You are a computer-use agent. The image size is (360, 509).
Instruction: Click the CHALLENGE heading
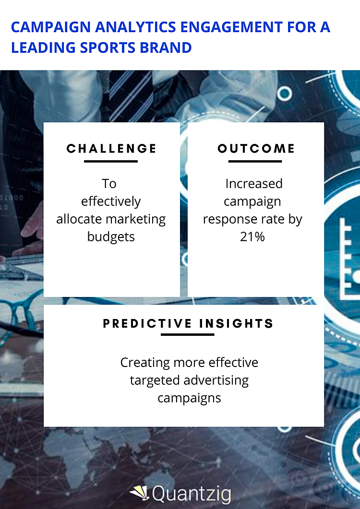(111, 149)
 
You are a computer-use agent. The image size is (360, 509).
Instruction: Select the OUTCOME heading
(256, 149)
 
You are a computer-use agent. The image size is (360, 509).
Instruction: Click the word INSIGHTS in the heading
(236, 323)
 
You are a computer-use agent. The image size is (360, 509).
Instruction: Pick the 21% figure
(252, 237)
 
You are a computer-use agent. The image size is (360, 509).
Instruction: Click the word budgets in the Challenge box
(111, 237)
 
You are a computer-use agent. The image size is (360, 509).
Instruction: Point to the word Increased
(253, 184)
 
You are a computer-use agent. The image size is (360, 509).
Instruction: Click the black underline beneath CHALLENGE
(111, 161)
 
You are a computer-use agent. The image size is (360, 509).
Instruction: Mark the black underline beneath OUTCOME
(255, 161)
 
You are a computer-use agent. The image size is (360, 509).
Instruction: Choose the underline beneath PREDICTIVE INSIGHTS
(187, 334)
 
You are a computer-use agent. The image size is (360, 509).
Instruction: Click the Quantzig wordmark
(191, 494)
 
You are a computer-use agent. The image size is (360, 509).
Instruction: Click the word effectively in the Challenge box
(111, 201)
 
